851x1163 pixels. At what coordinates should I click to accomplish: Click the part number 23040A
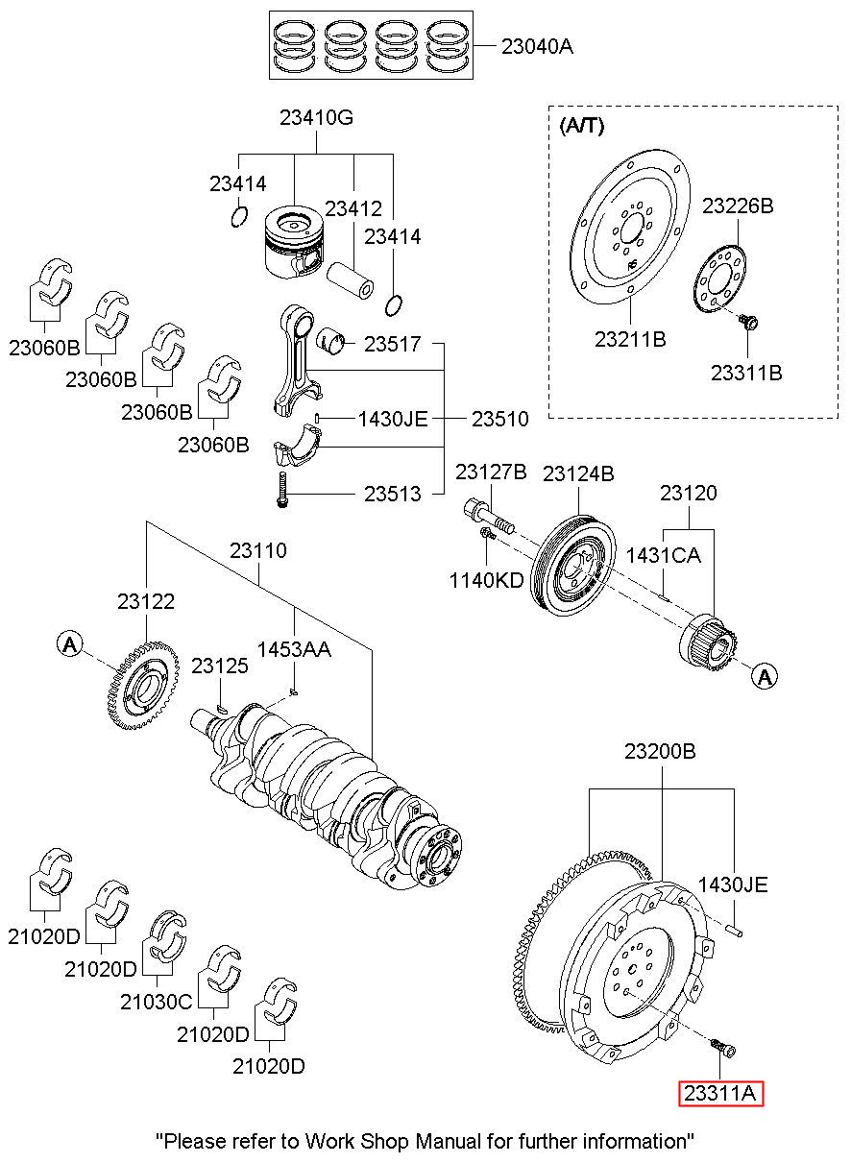pos(537,47)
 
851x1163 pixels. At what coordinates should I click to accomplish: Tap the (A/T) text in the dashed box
pos(581,126)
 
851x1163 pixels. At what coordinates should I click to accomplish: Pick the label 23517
pos(392,344)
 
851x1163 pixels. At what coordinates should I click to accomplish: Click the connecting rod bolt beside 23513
pos(282,489)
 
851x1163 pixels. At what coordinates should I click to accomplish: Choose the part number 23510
pos(499,419)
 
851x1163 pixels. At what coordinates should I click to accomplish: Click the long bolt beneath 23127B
pos(489,516)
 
